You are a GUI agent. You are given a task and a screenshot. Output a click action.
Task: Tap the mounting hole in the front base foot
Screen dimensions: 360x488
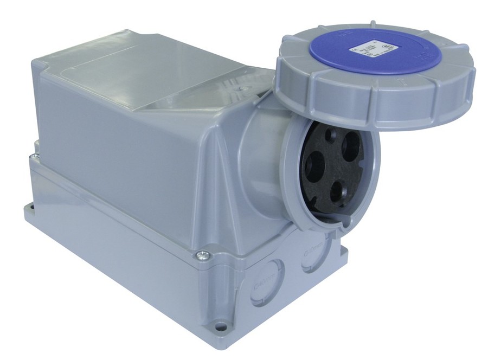pos(219,326)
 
